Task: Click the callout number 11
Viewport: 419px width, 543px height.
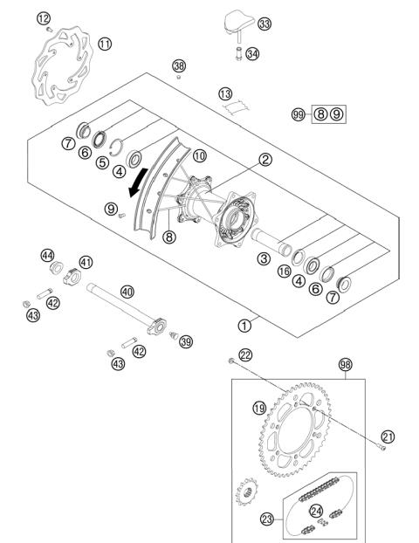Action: pos(105,43)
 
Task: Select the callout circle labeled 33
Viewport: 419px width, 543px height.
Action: pos(264,23)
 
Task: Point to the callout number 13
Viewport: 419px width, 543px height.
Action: pos(225,93)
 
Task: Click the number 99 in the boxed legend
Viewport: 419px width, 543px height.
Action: pos(299,114)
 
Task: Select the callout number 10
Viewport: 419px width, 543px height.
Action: pos(200,155)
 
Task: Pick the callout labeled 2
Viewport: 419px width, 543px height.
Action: pos(263,159)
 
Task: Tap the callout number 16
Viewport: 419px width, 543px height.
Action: pos(285,272)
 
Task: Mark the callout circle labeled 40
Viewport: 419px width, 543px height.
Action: pos(127,292)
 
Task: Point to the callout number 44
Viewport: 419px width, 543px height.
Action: pos(47,255)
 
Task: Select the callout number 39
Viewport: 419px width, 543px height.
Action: pos(185,341)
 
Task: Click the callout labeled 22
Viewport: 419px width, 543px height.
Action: pos(247,354)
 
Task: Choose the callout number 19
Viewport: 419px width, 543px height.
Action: pos(259,407)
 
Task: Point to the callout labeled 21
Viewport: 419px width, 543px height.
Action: pos(388,437)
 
